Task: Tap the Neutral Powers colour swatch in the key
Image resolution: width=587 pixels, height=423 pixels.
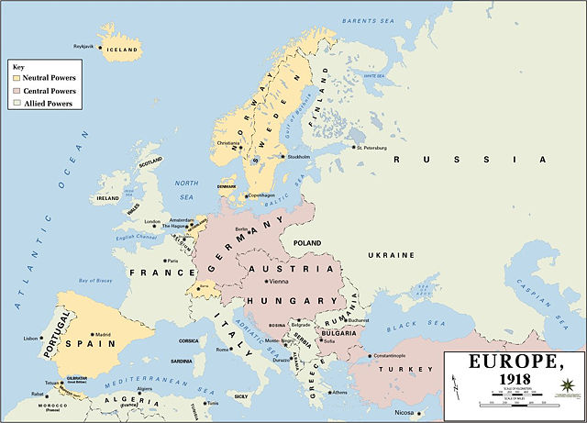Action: pyautogui.click(x=16, y=79)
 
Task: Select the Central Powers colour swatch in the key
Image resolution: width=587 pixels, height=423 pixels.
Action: pyautogui.click(x=16, y=92)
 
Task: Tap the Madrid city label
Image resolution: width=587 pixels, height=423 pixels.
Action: pyautogui.click(x=105, y=334)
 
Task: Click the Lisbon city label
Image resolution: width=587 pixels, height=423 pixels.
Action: pyautogui.click(x=31, y=339)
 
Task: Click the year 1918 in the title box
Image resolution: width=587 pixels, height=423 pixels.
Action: pyautogui.click(x=513, y=378)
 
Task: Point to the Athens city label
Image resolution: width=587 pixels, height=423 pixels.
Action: pyautogui.click(x=339, y=392)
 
